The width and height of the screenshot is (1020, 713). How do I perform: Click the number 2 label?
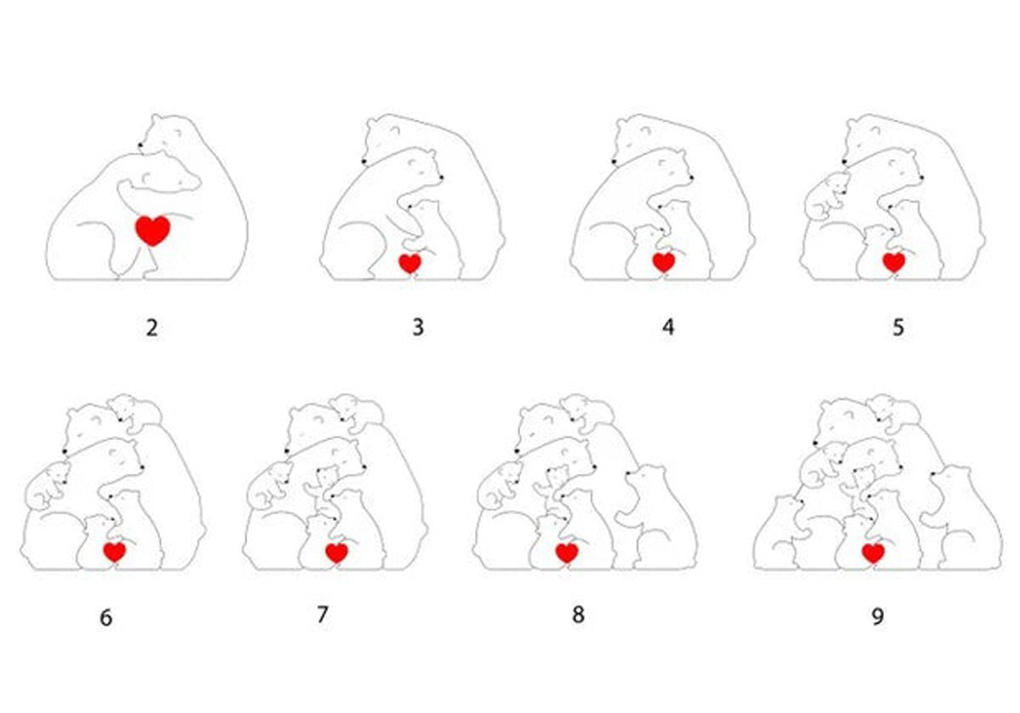[151, 328]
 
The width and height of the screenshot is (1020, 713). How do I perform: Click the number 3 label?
[417, 328]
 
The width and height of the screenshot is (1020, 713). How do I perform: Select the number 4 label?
[668, 328]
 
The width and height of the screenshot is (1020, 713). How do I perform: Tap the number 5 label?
[898, 328]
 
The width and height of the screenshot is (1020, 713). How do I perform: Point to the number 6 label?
[105, 619]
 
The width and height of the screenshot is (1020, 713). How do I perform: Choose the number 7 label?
[322, 614]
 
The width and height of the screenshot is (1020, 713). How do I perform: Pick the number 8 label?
[578, 615]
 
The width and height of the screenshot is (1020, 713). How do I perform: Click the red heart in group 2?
[153, 230]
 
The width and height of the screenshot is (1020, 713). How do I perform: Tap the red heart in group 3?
[410, 263]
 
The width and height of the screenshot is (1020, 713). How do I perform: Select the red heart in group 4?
[663, 262]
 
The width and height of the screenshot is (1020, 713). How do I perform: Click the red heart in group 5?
[893, 262]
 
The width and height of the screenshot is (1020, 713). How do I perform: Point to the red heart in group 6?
[115, 551]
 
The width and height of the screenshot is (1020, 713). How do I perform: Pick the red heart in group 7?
[337, 553]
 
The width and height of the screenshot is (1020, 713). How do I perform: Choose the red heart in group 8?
[567, 553]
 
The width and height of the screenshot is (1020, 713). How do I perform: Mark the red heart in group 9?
[873, 553]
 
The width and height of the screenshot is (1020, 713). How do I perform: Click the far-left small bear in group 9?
[779, 533]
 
